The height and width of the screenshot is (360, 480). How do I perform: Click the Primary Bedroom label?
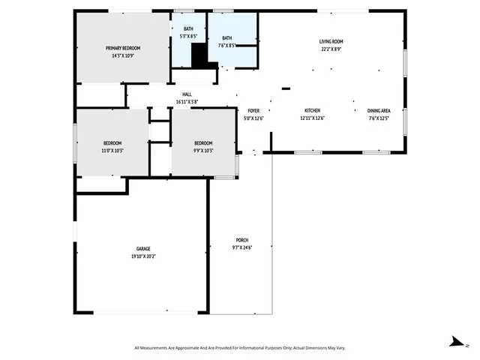[x=122, y=48]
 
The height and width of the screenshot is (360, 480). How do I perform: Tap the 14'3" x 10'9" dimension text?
[x=122, y=55]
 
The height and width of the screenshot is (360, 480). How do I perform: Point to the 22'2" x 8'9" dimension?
[x=331, y=49]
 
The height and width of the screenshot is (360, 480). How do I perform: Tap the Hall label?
[x=187, y=94]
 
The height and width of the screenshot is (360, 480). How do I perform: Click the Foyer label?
[x=254, y=110]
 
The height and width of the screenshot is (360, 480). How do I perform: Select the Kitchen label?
[x=312, y=110]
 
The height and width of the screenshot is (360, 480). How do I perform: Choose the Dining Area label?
[x=379, y=110]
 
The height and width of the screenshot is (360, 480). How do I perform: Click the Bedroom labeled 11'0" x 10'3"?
[x=112, y=143]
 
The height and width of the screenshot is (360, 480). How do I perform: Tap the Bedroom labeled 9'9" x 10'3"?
[x=203, y=143]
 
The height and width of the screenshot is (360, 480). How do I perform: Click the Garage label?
[x=143, y=248]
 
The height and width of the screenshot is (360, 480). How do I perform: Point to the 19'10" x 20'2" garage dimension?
[x=143, y=256]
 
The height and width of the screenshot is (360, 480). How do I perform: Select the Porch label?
[x=241, y=240]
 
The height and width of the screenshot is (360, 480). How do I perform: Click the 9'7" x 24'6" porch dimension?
[x=241, y=247]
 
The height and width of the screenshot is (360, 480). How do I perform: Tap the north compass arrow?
[x=455, y=340]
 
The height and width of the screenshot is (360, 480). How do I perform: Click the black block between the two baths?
[x=199, y=56]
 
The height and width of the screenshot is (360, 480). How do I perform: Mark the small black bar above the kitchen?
[x=286, y=88]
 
